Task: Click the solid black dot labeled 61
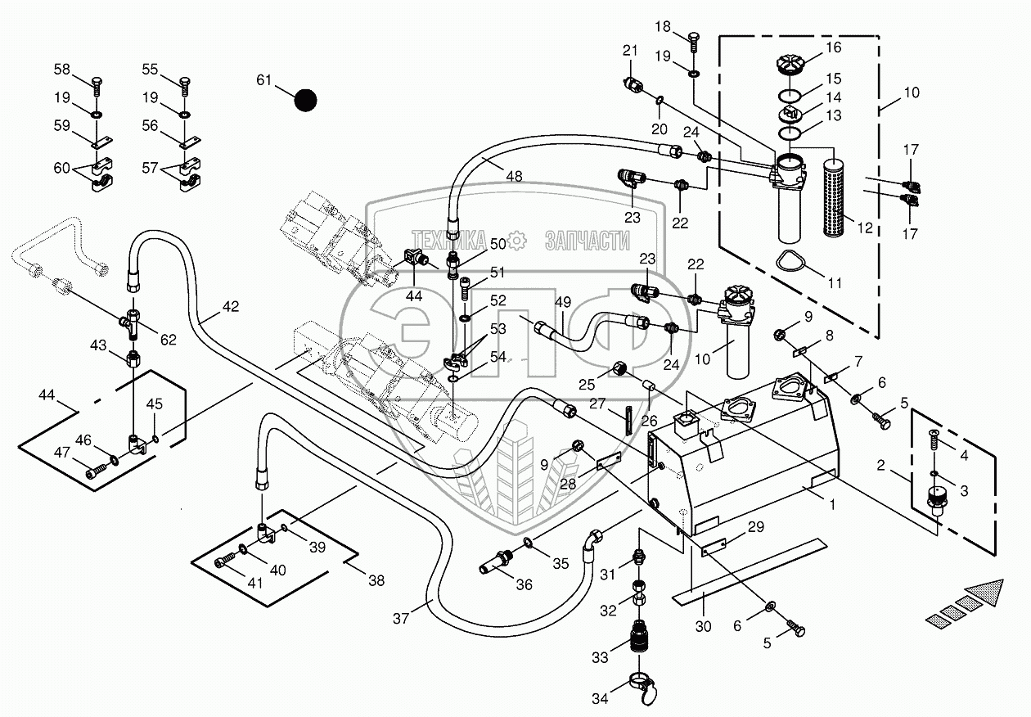click(305, 100)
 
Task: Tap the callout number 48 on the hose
click(514, 176)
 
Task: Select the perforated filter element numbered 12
click(835, 197)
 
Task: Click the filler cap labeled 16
click(790, 64)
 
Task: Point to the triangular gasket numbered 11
click(793, 263)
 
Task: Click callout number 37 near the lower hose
click(400, 619)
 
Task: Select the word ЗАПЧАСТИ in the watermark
click(587, 241)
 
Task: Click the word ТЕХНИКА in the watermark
click(448, 240)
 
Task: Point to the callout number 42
click(231, 306)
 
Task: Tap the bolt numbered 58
click(97, 87)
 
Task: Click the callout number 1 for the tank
click(832, 505)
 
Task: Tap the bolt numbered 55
click(184, 87)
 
